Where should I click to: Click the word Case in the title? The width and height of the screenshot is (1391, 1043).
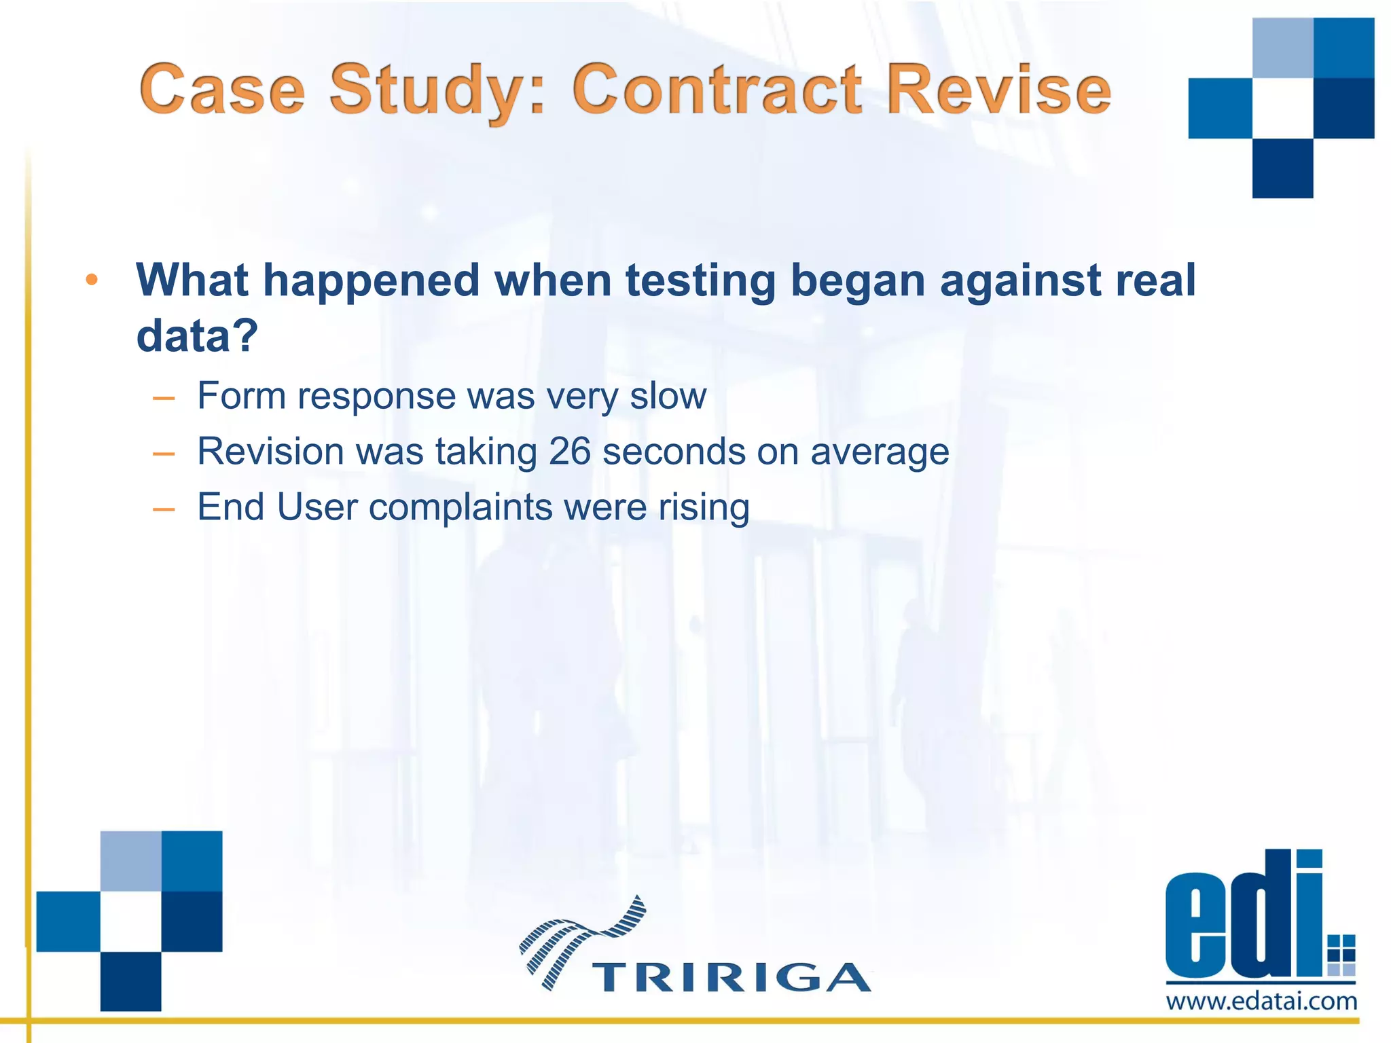[x=223, y=89]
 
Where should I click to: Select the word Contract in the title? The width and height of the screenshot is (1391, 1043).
[x=717, y=89]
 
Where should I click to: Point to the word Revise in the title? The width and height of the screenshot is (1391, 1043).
[x=998, y=89]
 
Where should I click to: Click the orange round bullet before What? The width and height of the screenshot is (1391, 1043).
[x=92, y=280]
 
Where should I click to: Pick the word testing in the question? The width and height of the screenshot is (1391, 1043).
[x=700, y=280]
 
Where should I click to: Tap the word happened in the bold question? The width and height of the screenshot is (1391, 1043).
[x=371, y=281]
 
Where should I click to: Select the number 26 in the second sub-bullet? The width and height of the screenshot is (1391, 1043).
[x=569, y=451]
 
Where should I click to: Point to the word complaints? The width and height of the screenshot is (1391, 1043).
[x=460, y=507]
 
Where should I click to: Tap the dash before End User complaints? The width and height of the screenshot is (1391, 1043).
[x=164, y=509]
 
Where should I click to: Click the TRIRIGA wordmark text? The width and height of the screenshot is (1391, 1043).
[x=731, y=977]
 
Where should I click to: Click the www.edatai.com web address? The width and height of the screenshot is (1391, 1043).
[x=1261, y=1001]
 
